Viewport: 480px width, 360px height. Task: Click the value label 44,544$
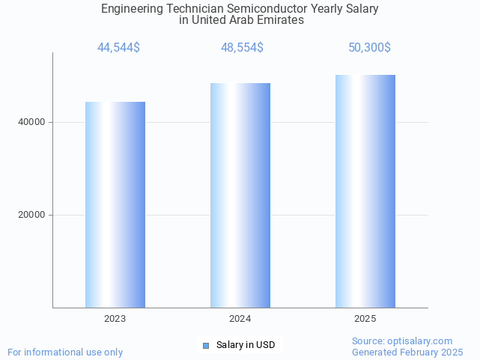coord(118,48)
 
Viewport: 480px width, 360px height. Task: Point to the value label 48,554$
coord(242,48)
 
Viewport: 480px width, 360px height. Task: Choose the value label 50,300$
coord(369,48)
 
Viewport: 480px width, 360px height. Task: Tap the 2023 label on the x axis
coord(115,319)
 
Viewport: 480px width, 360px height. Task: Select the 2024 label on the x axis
coord(240,319)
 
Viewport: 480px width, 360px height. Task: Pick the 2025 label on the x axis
coord(365,319)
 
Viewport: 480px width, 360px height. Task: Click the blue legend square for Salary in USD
coord(206,345)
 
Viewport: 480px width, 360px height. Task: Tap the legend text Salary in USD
coord(246,345)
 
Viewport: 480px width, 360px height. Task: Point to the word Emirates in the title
coord(279,21)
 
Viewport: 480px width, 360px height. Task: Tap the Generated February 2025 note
coord(407,352)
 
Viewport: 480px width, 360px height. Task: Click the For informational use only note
coord(65,352)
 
